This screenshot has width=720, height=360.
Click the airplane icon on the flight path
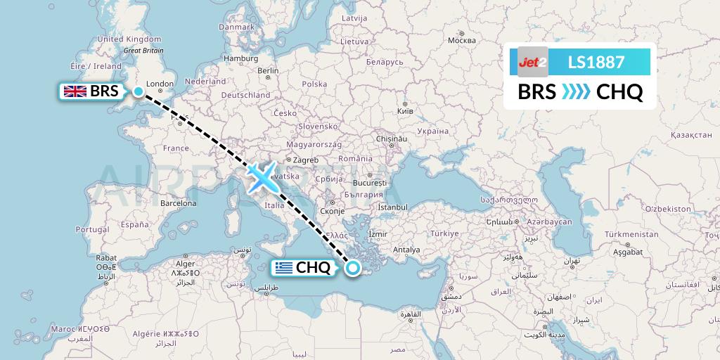262,177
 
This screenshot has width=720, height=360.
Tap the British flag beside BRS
75,91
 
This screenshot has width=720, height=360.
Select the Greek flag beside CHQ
283,267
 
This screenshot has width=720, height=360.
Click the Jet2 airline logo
532,62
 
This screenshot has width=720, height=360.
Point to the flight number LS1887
596,62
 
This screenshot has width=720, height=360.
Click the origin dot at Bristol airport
139,91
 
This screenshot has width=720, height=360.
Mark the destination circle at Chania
353,267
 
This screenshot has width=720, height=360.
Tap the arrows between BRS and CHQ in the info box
576,92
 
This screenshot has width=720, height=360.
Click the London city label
160,84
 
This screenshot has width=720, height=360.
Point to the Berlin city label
269,70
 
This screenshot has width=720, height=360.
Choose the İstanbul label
392,207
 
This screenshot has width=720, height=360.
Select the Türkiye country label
444,233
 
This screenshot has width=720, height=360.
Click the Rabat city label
107,258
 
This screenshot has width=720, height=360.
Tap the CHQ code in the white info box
619,92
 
